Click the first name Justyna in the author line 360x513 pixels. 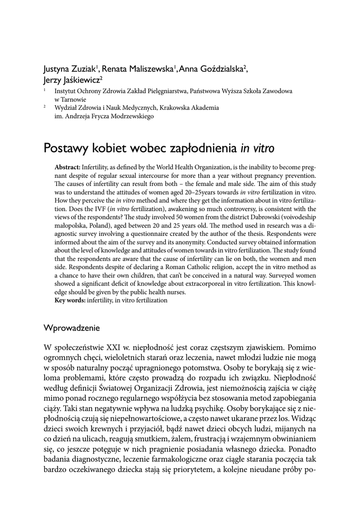(x=57, y=69)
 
